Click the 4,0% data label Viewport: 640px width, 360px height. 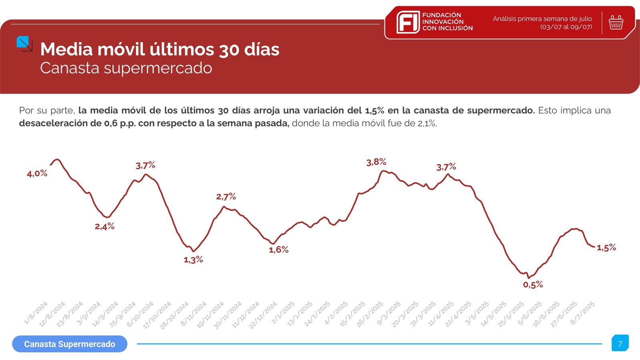37,173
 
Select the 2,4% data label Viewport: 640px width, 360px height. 104,226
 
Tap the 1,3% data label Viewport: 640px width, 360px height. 193,260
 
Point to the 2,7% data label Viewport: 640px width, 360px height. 226,196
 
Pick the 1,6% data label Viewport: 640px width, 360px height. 278,250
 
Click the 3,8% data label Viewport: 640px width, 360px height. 376,162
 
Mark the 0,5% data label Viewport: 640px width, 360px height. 533,285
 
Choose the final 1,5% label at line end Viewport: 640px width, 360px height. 606,248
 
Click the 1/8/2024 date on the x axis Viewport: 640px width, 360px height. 36,312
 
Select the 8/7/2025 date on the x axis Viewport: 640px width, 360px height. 583,312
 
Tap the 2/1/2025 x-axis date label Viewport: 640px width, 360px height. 283,312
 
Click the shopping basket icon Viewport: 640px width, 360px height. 616,22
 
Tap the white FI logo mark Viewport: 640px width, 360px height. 408,22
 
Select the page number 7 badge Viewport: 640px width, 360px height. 620,344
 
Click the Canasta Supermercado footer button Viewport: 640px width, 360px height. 70,344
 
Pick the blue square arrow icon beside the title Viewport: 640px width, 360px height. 24,43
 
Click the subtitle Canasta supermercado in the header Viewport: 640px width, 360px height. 126,68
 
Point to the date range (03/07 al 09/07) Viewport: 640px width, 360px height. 566,27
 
